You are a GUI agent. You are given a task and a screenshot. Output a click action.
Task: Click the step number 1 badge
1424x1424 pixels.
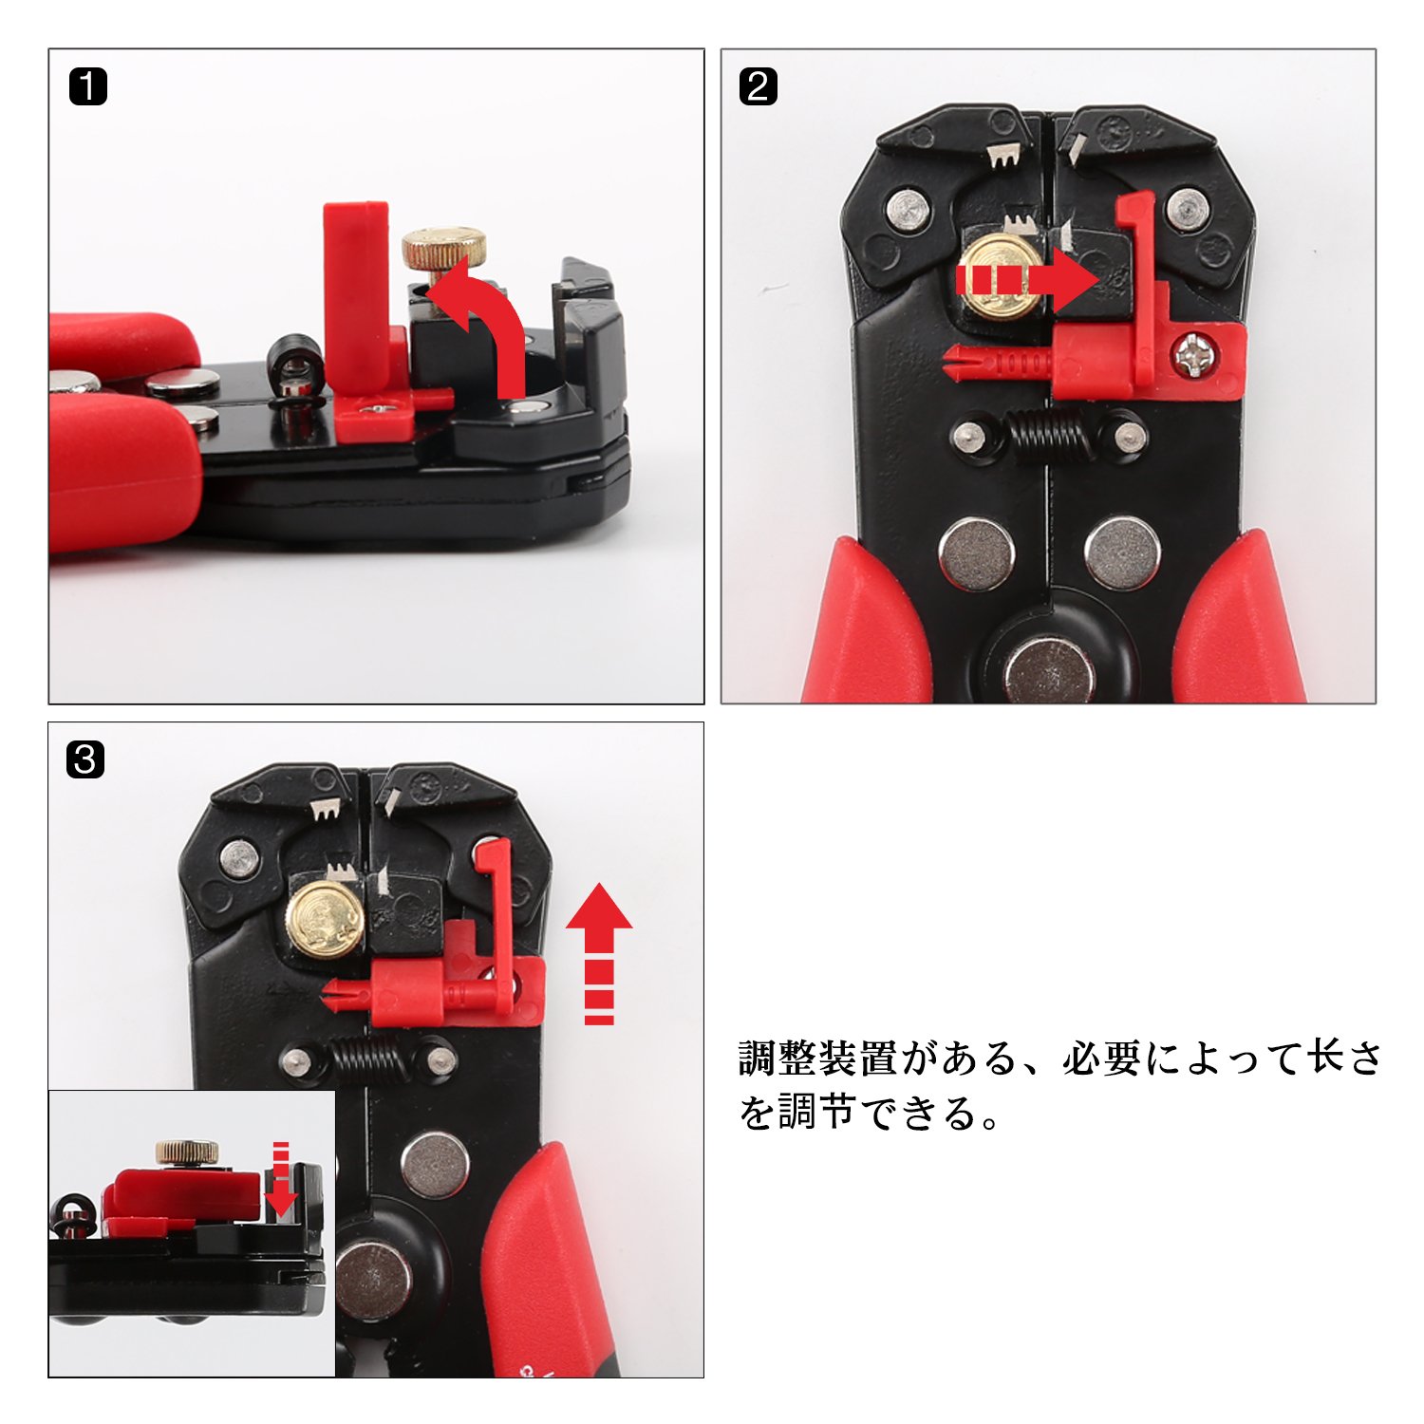point(88,86)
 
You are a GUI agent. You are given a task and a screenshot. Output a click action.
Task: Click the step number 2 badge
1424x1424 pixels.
point(759,86)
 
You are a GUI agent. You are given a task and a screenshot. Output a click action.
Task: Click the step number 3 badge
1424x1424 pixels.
point(85,759)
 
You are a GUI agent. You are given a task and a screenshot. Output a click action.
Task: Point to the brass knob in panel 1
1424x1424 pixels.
point(444,249)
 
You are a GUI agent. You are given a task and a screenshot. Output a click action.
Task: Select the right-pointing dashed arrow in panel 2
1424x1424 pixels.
point(1026,280)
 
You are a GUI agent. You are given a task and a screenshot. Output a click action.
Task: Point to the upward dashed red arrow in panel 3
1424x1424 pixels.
point(599,953)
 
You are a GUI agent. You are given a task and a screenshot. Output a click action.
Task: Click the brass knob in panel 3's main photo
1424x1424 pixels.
point(325,920)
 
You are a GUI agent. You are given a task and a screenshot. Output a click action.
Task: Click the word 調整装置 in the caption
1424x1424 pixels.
point(817,1058)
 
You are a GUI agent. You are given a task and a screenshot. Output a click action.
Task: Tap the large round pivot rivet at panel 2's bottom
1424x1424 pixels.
point(1050,669)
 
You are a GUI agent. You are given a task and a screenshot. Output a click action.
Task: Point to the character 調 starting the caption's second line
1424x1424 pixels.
point(798,1112)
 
